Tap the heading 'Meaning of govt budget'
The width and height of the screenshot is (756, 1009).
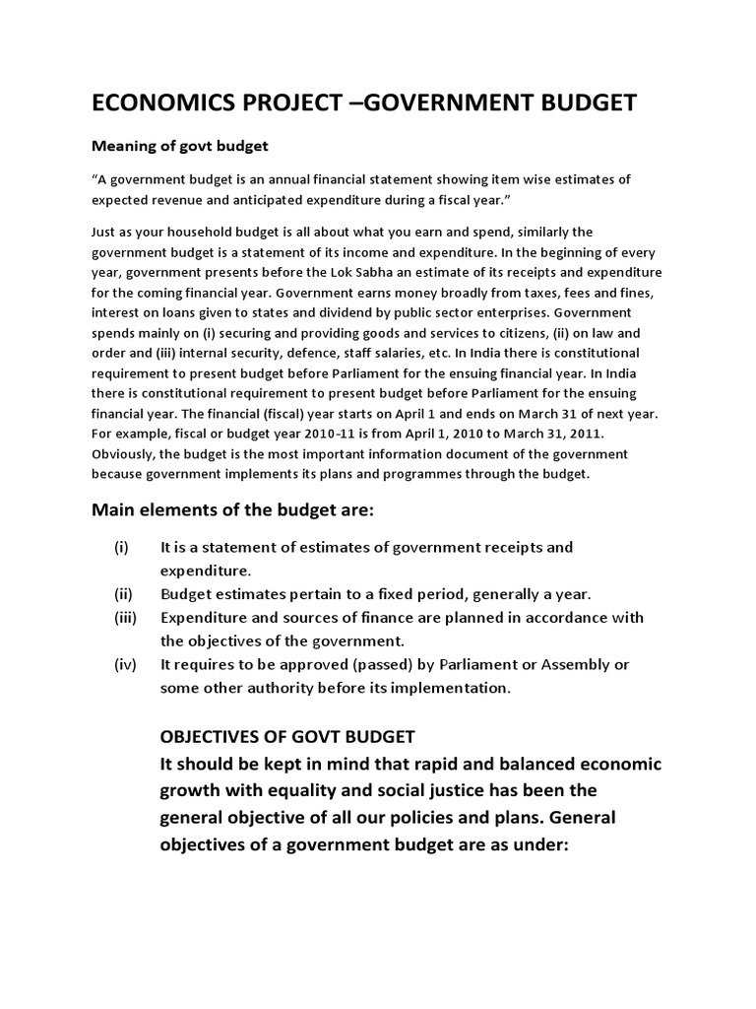click(x=179, y=147)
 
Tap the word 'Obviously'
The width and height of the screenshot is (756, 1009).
click(x=125, y=453)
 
